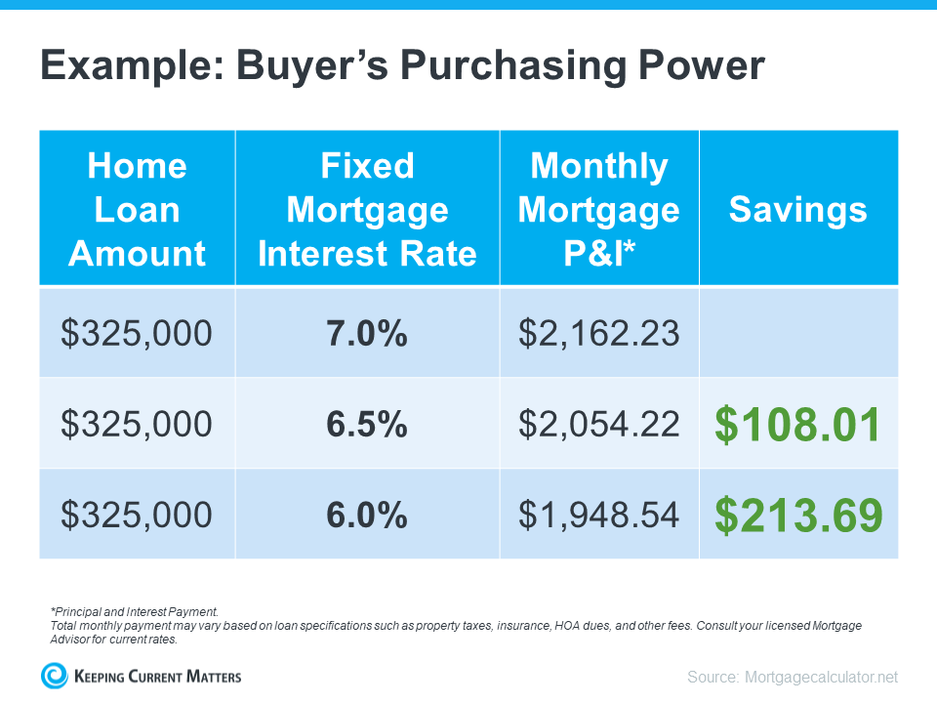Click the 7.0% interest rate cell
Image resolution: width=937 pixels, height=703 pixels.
[x=367, y=333]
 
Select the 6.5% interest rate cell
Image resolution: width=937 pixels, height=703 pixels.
[x=367, y=424]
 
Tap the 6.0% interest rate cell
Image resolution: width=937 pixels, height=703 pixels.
[x=367, y=515]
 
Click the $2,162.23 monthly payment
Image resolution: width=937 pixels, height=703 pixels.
[x=598, y=333]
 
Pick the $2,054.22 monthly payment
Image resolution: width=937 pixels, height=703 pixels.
[x=598, y=424]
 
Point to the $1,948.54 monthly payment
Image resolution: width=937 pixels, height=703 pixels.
[x=598, y=515]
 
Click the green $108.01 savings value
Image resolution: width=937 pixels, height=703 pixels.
[x=798, y=425]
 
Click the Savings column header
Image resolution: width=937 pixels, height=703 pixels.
[x=798, y=209]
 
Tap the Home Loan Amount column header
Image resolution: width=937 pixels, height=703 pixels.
[x=137, y=209]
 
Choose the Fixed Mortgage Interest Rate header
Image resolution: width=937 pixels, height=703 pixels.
[x=367, y=209]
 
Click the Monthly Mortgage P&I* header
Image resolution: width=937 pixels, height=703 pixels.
[x=598, y=209]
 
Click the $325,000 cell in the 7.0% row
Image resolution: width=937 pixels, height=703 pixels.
[x=137, y=333]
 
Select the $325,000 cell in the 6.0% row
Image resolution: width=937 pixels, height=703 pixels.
[x=137, y=515]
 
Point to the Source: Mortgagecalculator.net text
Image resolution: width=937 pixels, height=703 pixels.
[x=792, y=677]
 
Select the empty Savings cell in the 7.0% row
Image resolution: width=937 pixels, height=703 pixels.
[x=798, y=333]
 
